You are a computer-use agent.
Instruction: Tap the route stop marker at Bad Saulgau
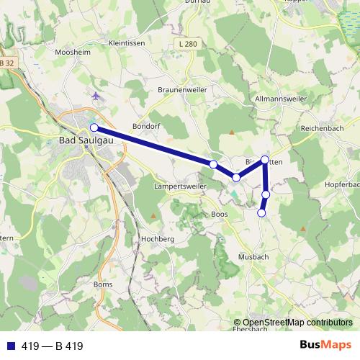[x=94, y=127]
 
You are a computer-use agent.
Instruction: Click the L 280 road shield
[x=185, y=45]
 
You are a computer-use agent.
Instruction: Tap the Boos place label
[x=220, y=214]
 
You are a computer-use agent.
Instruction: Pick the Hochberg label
[x=158, y=238]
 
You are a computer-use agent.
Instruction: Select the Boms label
[x=103, y=284]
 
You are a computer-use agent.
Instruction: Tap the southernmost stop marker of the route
[x=261, y=212]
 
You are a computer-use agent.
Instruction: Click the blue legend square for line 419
[x=8, y=346]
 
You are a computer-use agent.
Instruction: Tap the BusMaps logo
[x=325, y=346]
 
